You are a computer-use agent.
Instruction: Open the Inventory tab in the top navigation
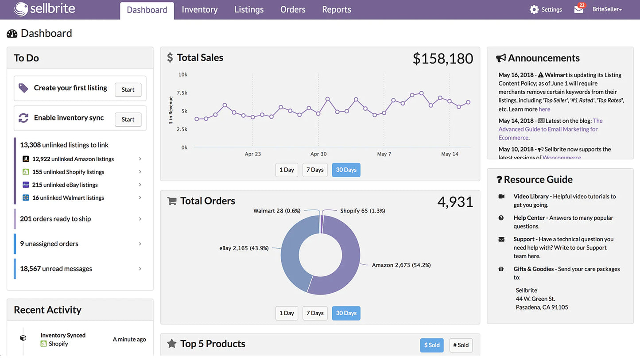coord(199,10)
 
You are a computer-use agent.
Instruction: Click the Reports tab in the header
coord(336,10)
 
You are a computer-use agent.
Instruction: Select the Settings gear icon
coord(534,9)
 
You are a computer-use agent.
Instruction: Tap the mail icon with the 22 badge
coord(579,9)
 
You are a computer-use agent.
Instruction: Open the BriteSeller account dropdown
coord(607,9)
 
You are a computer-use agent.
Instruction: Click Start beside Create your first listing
coord(128,89)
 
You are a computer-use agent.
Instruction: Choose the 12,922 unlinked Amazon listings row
coord(73,159)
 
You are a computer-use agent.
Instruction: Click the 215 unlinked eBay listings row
coord(65,185)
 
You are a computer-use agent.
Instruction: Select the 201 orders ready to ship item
coord(55,219)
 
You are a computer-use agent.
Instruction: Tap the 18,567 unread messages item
coord(56,269)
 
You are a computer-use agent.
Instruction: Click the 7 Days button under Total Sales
coord(315,170)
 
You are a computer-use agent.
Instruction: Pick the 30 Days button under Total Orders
coord(346,313)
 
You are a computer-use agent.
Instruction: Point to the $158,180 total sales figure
coord(442,58)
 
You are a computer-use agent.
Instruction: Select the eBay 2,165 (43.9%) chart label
coord(244,248)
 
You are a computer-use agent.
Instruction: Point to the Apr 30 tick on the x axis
coord(318,154)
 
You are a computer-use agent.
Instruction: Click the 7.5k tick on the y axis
coord(182,93)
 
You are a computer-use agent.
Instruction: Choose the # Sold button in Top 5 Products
coord(461,345)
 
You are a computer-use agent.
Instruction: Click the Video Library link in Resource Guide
coord(531,196)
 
